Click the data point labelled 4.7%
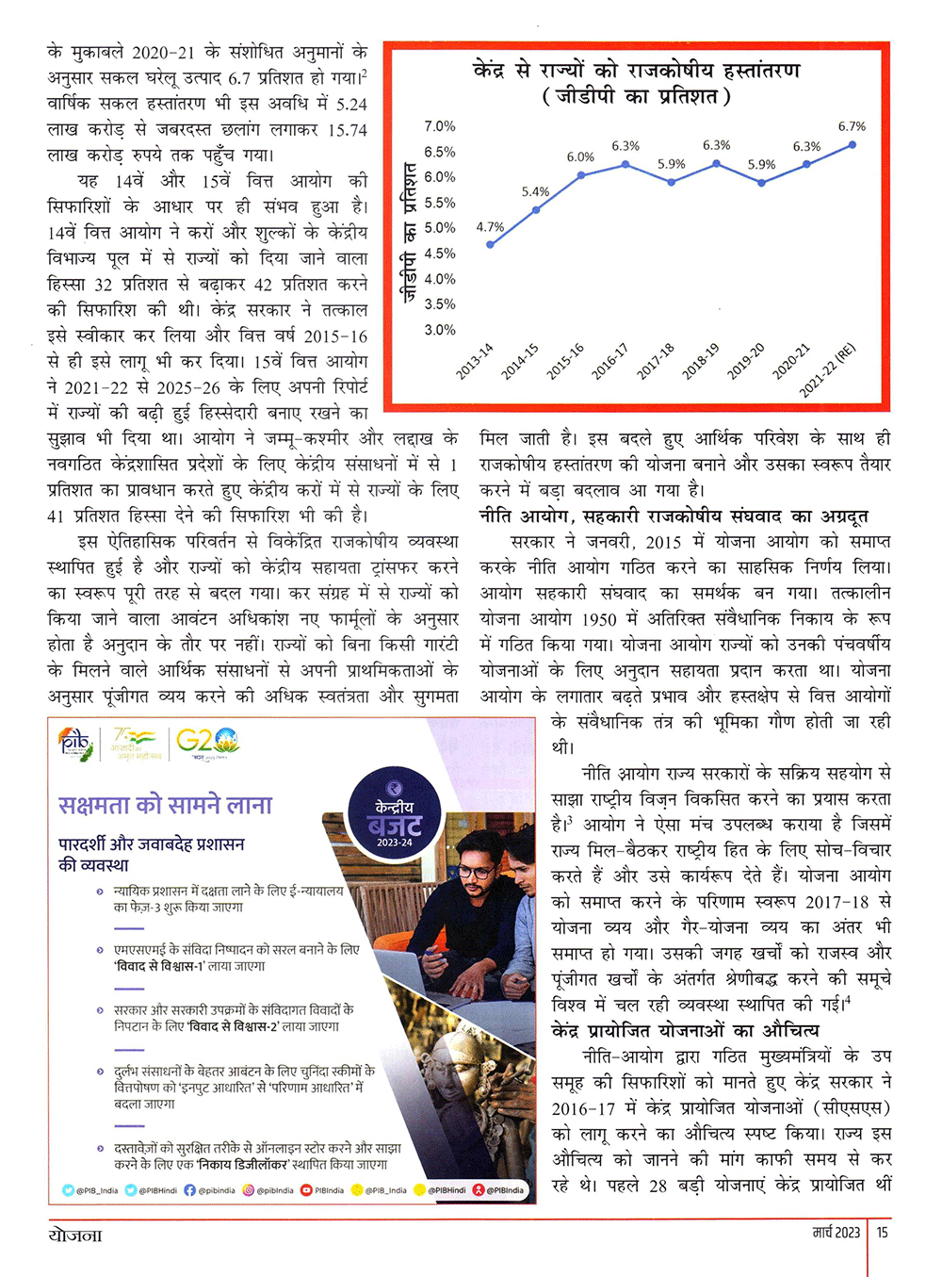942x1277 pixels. (490, 244)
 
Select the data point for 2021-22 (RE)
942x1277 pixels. (853, 144)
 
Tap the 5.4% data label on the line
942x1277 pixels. (535, 192)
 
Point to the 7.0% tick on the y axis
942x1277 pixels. (439, 126)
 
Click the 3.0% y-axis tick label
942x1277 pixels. (439, 330)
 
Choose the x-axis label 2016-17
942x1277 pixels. (610, 361)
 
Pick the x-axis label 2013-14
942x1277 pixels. (475, 361)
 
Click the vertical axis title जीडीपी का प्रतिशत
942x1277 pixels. (409, 231)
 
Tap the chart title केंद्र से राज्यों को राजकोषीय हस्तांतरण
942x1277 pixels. (637, 71)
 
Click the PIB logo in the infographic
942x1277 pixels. (75, 743)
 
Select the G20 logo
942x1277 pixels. (207, 741)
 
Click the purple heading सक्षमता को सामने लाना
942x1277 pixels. (166, 805)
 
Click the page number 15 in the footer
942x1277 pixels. (883, 1232)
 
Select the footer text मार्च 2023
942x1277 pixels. (836, 1232)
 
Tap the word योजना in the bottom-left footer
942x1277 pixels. (75, 1234)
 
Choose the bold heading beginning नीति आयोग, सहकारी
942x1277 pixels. (674, 516)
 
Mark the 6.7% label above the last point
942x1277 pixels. (852, 126)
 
